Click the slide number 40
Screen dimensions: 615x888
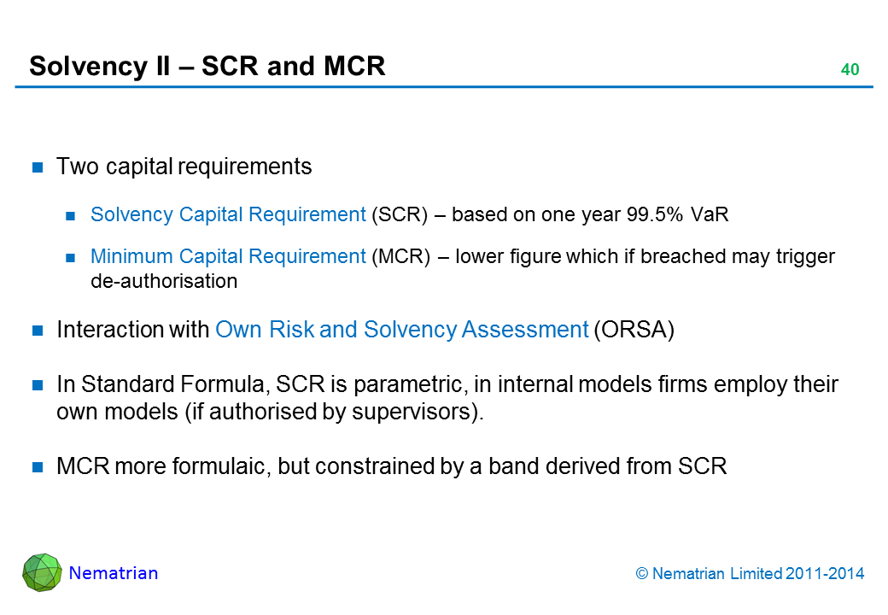[x=849, y=70]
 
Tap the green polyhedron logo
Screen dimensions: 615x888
[x=42, y=572]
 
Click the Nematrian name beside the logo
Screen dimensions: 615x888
[x=114, y=573]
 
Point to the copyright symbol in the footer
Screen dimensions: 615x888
[x=643, y=574]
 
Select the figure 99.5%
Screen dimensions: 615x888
[x=646, y=214]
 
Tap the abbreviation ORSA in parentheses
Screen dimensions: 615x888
[x=633, y=331]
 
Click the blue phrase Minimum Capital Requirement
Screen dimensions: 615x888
[x=228, y=257]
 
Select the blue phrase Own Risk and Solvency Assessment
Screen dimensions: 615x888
[x=401, y=331]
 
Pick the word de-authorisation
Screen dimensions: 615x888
[x=164, y=281]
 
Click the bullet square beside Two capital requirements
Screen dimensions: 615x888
[x=38, y=167]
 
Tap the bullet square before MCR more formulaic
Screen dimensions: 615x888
[x=38, y=467]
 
